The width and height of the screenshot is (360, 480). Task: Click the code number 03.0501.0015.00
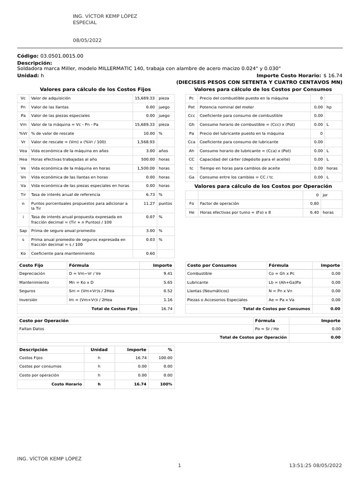[x=62, y=56]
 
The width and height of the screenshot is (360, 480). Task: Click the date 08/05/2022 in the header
[x=87, y=40]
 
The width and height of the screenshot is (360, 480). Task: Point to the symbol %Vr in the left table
[x=23, y=133]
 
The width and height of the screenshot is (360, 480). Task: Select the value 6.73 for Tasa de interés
[x=150, y=194]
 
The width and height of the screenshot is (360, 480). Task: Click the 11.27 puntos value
[x=149, y=203]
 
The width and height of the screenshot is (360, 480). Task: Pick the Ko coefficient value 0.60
[x=150, y=254]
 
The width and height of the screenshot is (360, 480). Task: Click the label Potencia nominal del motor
[x=227, y=107]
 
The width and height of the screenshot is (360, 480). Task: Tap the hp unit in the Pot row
[x=330, y=107]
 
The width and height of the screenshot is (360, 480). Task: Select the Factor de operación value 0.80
[x=314, y=203]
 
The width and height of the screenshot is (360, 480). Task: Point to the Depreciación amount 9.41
[x=167, y=273]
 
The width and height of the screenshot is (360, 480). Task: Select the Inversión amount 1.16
[x=167, y=300]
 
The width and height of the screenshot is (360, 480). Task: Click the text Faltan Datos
[x=32, y=329]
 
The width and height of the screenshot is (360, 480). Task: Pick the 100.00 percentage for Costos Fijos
[x=165, y=358]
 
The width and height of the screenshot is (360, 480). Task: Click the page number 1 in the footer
[x=180, y=465]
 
